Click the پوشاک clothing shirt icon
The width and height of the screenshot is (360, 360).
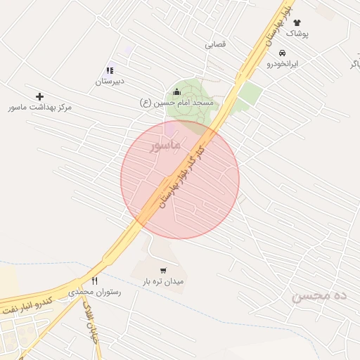[297, 22]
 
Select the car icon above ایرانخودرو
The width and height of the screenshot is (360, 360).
[282, 53]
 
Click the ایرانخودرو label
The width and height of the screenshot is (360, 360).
[282, 64]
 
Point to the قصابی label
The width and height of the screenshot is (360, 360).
[215, 44]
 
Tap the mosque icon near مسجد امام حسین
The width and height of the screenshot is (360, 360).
[176, 91]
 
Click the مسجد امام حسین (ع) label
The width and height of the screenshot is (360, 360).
[176, 103]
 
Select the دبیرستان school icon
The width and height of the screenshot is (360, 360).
[110, 70]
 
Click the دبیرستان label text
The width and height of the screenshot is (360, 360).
[110, 82]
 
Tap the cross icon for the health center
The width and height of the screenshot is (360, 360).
[39, 96]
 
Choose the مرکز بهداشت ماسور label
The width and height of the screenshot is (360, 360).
[40, 108]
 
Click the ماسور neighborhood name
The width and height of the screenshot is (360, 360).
[166, 144]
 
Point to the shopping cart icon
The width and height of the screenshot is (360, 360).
[163, 270]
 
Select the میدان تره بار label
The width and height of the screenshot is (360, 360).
[163, 281]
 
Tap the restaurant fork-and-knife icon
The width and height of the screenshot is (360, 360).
[94, 281]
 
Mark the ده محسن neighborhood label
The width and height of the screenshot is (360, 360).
[320, 296]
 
